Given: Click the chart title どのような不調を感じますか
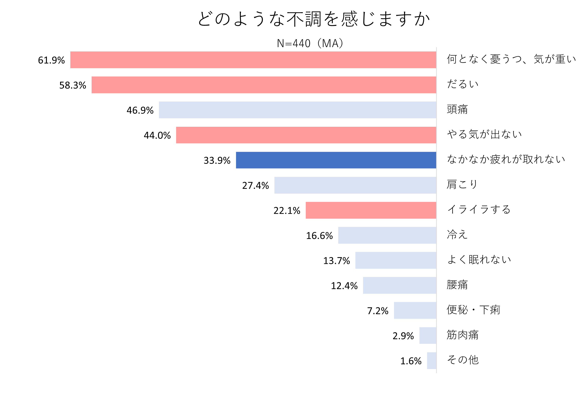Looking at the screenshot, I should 314,19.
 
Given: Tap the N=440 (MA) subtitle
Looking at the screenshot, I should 310,43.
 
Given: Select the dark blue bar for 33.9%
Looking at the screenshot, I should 336,160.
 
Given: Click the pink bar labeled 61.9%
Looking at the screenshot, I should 253,60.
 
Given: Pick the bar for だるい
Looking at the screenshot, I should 264,85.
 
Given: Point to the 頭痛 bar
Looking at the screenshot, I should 297,110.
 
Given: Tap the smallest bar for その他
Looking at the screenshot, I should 431,361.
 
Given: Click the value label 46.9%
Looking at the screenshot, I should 140,110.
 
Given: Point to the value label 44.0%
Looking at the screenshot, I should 157,135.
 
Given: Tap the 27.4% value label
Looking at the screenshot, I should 255,186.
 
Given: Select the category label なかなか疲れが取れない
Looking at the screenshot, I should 506,159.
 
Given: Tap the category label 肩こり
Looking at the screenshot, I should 462,184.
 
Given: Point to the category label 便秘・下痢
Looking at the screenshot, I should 473,310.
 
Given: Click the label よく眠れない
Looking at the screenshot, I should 479,259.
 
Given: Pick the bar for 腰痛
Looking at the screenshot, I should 400,285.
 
